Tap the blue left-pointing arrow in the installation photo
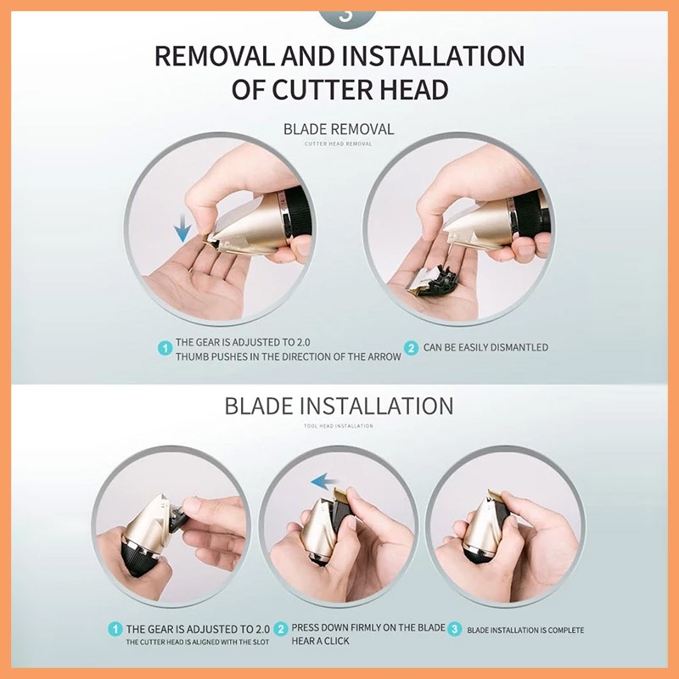[x=325, y=481]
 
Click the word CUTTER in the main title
[x=322, y=89]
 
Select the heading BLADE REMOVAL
[x=339, y=129]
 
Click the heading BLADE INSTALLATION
[x=339, y=407]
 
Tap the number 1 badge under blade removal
[x=165, y=348]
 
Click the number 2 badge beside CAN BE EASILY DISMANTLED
[x=411, y=348]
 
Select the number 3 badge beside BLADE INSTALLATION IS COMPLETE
[x=454, y=629]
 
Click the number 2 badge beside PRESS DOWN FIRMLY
[x=281, y=629]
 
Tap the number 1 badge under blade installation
[x=115, y=629]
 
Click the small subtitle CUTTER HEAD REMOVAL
[x=338, y=143]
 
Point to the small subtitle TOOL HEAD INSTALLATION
[x=338, y=426]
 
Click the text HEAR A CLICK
[x=320, y=641]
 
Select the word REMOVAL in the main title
[x=215, y=56]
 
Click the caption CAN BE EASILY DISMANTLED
[x=485, y=347]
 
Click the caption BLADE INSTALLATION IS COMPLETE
[x=525, y=630]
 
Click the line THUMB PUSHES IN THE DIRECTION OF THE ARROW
[x=289, y=356]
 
